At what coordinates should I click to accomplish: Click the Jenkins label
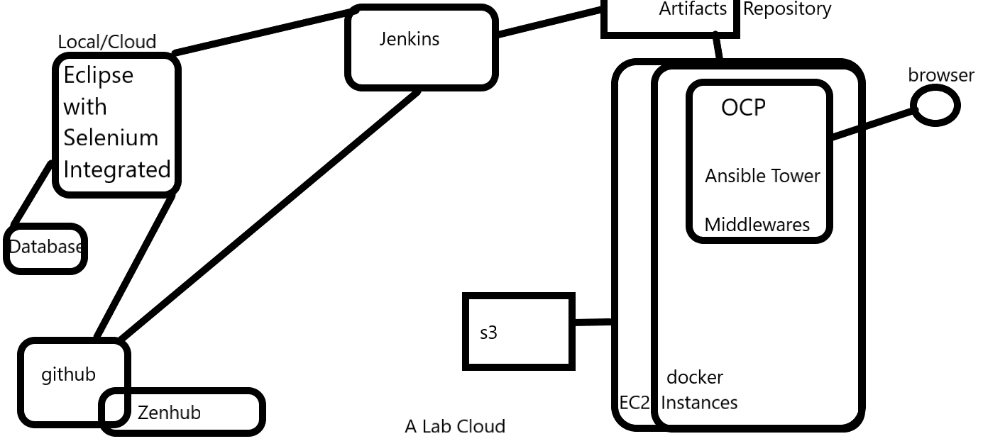pos(409,39)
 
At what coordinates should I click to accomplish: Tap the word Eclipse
pos(98,75)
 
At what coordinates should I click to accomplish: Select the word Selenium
pos(111,138)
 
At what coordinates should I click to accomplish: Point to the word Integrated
pos(116,169)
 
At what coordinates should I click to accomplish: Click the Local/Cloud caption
pos(107,42)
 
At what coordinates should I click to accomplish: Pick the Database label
pos(45,247)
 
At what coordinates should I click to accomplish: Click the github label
pos(68,375)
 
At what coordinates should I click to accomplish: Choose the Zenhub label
pos(169,413)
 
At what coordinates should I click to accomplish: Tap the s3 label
pos(488,333)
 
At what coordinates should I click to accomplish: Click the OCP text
pos(743,108)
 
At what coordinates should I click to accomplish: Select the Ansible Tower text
pos(762,176)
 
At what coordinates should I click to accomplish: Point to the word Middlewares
pos(757,225)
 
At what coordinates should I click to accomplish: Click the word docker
pos(695,377)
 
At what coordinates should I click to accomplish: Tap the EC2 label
pos(634,403)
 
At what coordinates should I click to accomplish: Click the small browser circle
pos(935,106)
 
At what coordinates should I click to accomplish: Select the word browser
pos(941,75)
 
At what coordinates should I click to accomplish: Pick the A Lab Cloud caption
pos(455,426)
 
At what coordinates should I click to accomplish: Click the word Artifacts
pos(693,9)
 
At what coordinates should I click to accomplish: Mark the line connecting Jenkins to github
pos(270,216)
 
